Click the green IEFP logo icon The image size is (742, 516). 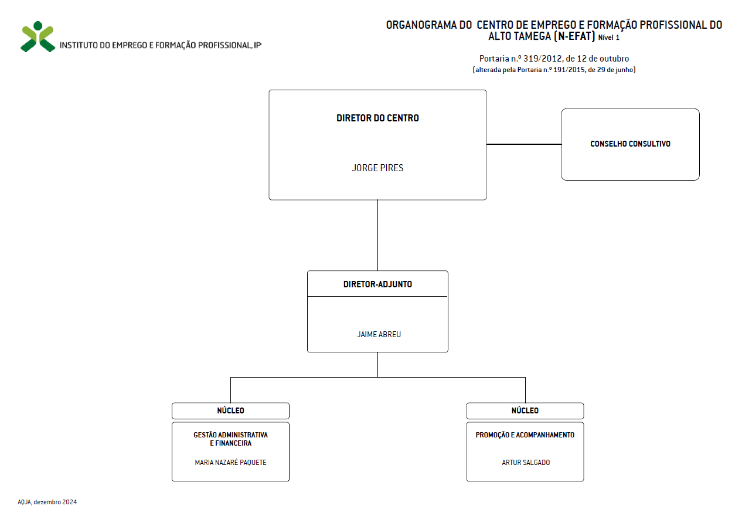click(38, 36)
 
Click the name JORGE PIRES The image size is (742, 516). click(377, 168)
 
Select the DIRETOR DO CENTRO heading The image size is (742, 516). click(377, 118)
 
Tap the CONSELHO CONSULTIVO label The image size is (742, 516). click(630, 144)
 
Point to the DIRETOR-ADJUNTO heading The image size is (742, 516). click(377, 284)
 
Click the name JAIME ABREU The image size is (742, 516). click(379, 334)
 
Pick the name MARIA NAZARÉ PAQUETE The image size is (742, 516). click(230, 462)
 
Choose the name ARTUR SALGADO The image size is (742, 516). click(526, 462)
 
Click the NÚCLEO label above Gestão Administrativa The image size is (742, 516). click(230, 410)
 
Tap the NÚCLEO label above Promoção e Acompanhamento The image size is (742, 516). click(525, 410)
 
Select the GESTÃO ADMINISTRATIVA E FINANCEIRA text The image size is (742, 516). click(230, 439)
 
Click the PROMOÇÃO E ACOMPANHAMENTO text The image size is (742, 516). click(525, 435)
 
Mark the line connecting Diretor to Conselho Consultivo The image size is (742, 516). click(524, 144)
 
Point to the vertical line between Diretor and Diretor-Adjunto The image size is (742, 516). click(377, 235)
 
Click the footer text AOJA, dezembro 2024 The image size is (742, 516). click(47, 502)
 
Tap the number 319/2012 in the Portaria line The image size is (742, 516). click(543, 59)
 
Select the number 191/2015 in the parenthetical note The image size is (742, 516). click(569, 70)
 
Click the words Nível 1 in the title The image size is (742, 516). click(609, 38)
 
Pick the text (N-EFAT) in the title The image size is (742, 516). click(574, 36)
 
